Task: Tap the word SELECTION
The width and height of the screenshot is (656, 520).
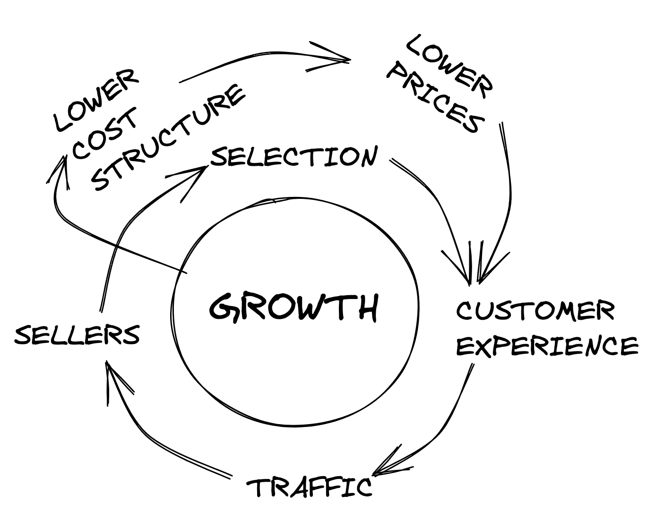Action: pos(294,157)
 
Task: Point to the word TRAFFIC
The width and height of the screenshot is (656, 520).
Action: pos(310,487)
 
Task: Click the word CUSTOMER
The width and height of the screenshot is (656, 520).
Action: pos(535,311)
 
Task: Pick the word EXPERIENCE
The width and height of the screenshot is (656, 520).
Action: pos(547,346)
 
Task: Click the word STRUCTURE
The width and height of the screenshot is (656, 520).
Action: pos(168,137)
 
